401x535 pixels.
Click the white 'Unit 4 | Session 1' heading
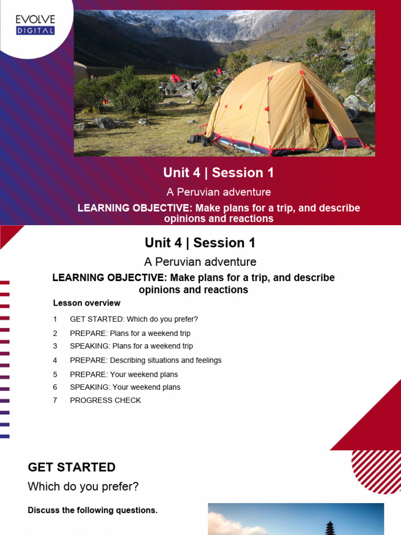tap(218, 172)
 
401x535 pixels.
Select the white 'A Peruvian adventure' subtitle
tap(218, 192)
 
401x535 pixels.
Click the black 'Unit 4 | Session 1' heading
tap(200, 243)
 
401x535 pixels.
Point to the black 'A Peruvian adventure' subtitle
tap(200, 262)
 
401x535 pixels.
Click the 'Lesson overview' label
tap(87, 303)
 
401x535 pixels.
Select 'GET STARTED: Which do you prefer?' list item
tap(134, 319)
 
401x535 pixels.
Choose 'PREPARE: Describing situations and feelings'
tap(146, 360)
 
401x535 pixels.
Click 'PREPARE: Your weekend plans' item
tap(124, 374)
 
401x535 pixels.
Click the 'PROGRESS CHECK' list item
tap(105, 400)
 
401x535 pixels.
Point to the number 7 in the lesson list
tap(55, 400)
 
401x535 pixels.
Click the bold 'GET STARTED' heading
tap(72, 467)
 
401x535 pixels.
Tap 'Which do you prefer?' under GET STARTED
tap(83, 486)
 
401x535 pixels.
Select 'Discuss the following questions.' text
tap(92, 510)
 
